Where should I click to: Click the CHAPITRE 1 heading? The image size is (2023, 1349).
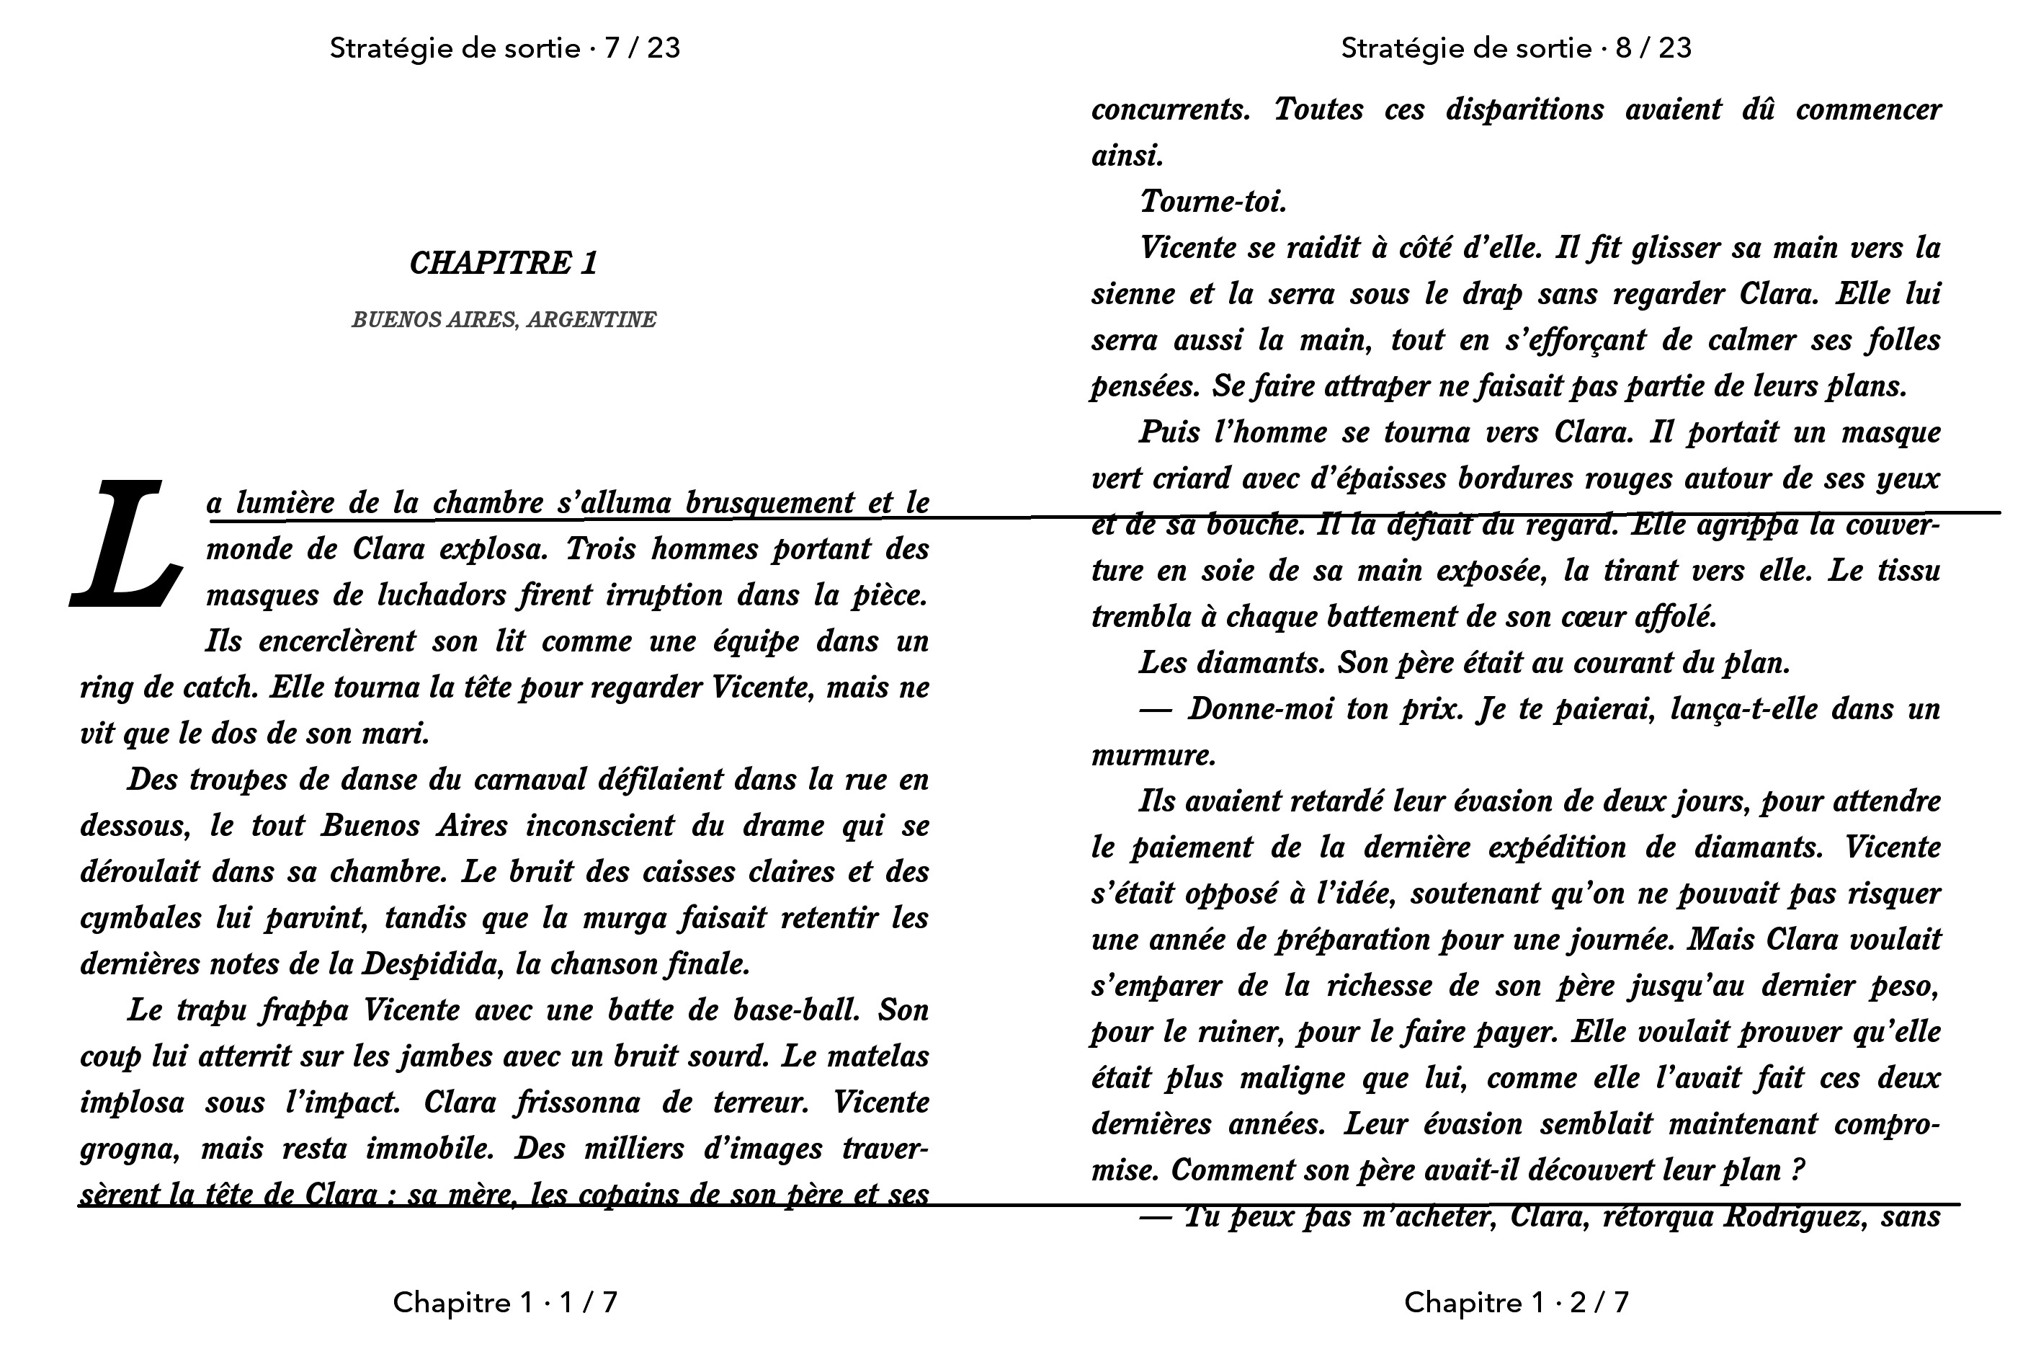(504, 263)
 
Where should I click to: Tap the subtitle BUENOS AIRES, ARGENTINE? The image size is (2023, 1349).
(504, 320)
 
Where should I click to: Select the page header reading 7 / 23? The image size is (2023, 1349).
(505, 48)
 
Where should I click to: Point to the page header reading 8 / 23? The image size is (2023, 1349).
(1516, 48)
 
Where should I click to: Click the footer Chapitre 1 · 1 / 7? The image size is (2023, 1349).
(505, 1303)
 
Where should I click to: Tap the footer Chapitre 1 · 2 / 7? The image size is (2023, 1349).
(1516, 1303)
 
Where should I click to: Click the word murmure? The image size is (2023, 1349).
(1153, 755)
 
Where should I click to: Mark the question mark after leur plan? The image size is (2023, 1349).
(1796, 1170)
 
